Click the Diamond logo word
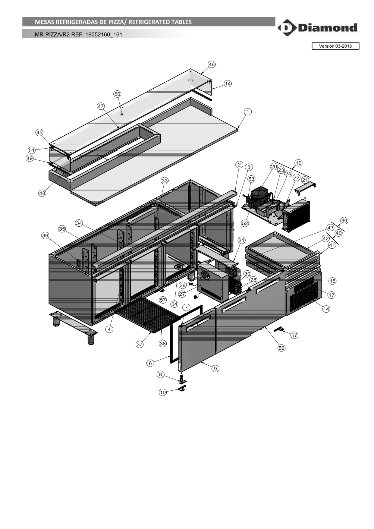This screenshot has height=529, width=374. (x=328, y=28)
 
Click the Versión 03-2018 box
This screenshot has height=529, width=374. (x=335, y=46)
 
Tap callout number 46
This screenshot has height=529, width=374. (x=212, y=64)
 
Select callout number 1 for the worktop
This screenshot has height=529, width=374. (x=248, y=112)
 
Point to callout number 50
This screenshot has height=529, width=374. (x=117, y=94)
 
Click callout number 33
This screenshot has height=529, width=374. (x=165, y=181)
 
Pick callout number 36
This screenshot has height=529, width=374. (x=45, y=235)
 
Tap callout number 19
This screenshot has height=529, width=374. (x=298, y=163)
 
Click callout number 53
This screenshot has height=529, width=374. (x=251, y=179)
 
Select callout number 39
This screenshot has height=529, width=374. (x=344, y=220)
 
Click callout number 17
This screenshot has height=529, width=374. (x=332, y=295)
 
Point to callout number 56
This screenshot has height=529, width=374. (x=281, y=348)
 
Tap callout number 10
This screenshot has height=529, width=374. (x=163, y=392)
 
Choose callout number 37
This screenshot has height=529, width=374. (x=140, y=344)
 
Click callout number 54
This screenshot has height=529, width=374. (x=174, y=304)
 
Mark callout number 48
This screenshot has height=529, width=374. (x=42, y=193)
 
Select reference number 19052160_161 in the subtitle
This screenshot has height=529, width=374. (x=104, y=34)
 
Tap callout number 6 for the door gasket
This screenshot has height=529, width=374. (x=150, y=363)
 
